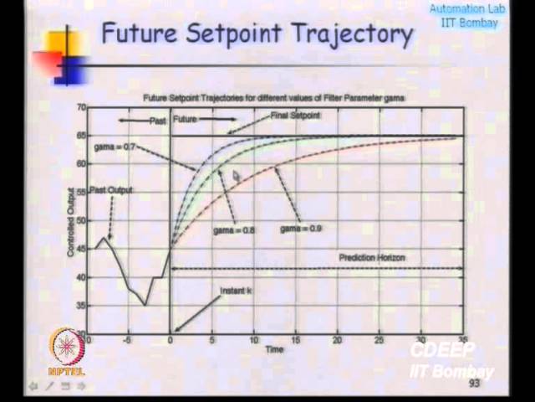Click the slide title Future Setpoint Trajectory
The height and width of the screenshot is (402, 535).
coord(257,34)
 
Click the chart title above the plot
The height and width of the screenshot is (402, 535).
coord(273,98)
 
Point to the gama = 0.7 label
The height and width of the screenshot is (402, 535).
coord(115,147)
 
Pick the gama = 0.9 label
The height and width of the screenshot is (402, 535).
coord(301,228)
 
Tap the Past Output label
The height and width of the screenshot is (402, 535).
coord(110,190)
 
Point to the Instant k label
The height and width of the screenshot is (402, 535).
coord(235,291)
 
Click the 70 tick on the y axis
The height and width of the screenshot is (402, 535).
coord(81,108)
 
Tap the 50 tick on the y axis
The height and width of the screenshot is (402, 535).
coord(81,220)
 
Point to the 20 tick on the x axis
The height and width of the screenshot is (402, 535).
coord(337,339)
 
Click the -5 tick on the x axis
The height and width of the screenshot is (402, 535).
coord(128,339)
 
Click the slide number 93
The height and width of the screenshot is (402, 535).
coord(474,383)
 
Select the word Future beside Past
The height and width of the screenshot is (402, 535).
coord(185,120)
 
